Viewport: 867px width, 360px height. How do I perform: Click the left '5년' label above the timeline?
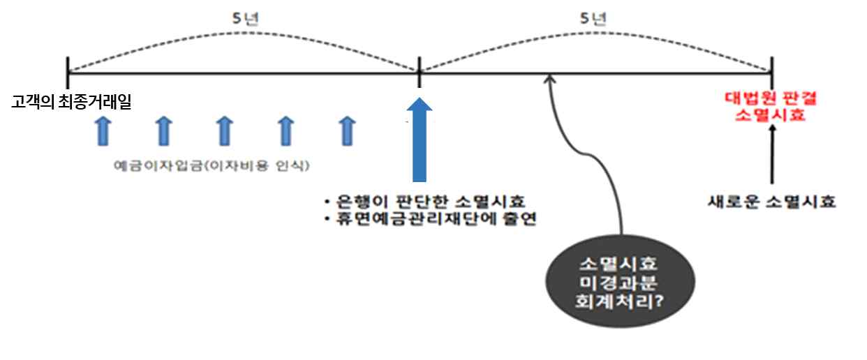coord(246,19)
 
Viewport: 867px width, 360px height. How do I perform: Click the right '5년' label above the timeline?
coord(593,19)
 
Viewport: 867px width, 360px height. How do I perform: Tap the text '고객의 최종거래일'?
coord(71,102)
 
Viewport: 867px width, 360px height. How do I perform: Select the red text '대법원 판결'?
coord(770,98)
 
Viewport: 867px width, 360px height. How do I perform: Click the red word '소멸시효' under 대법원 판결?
coord(770,115)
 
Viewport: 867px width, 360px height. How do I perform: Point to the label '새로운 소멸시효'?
coord(771,202)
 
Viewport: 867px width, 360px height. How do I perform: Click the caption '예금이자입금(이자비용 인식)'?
coord(212,165)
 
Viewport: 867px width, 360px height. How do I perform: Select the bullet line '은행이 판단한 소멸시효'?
coord(425,201)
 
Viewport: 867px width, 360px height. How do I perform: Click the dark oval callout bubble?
coord(620,282)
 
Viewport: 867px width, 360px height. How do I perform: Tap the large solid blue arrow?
coord(419,140)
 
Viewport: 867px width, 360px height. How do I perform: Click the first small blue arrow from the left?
coord(103,131)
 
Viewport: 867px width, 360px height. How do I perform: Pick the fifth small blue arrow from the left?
coord(347,131)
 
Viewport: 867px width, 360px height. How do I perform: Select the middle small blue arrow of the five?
coord(225,131)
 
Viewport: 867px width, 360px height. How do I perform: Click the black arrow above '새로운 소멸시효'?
coord(772,154)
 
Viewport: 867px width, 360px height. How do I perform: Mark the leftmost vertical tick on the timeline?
coord(68,73)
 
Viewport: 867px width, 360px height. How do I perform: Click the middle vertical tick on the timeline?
coord(419,73)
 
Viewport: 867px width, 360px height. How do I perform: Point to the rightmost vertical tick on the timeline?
coord(772,73)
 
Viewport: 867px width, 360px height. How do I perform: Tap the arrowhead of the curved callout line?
coord(549,77)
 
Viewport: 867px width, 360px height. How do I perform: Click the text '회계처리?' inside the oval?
coord(619,301)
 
